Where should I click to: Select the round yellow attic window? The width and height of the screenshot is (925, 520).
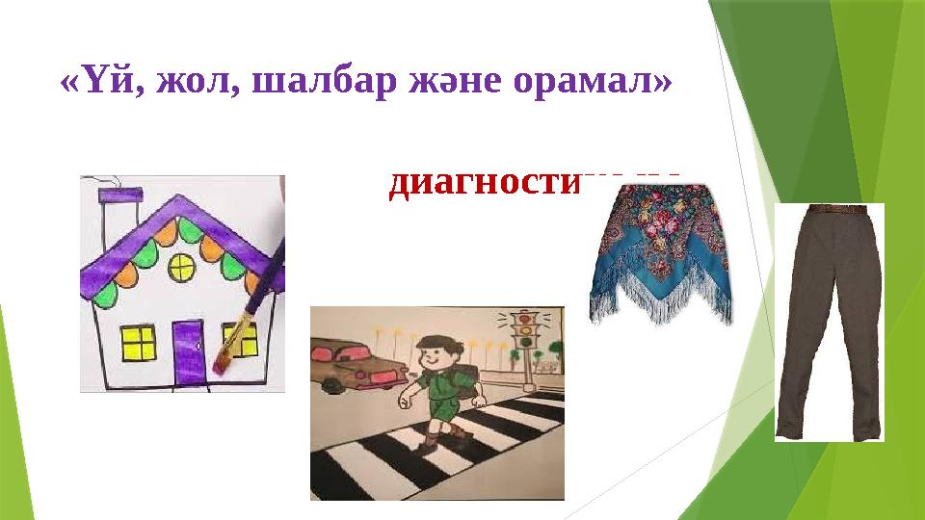181,268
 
